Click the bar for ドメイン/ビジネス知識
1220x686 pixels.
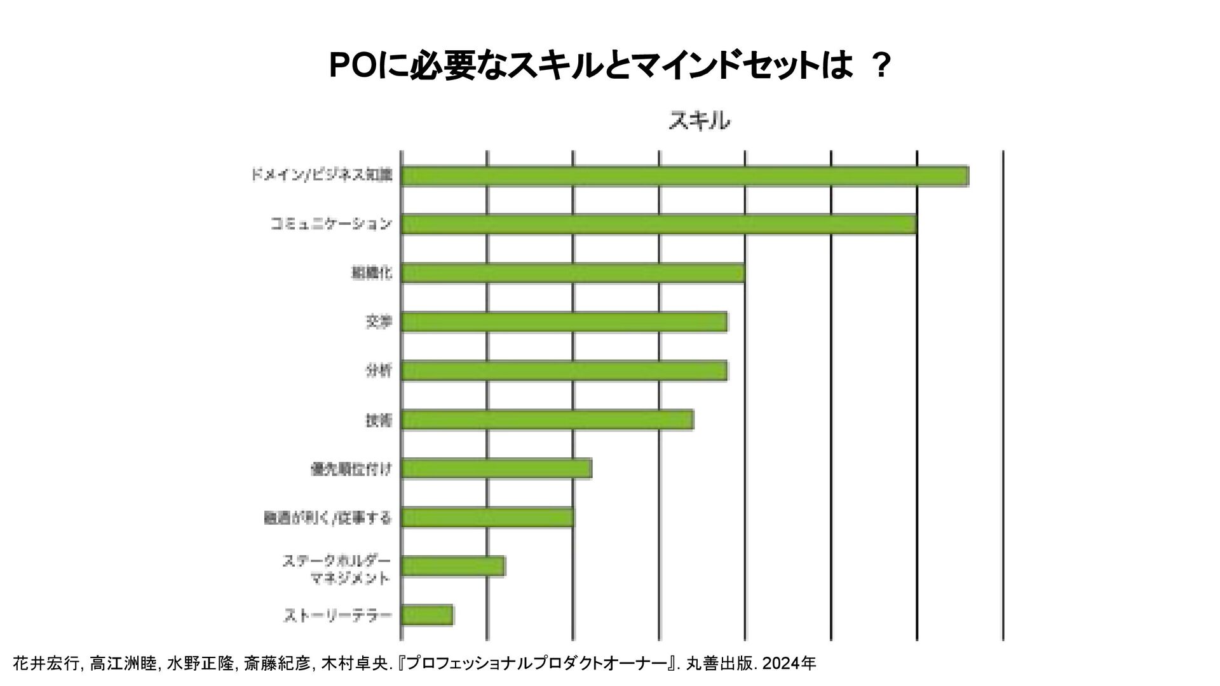pos(684,175)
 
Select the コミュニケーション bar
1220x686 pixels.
pos(658,224)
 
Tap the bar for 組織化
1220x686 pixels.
pos(573,273)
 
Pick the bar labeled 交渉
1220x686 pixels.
pos(564,322)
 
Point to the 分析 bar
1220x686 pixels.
pos(564,371)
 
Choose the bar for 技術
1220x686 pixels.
pos(547,420)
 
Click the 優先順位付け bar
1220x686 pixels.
pos(496,469)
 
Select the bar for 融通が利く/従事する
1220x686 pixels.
pos(487,518)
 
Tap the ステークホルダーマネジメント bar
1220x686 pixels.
pos(453,566)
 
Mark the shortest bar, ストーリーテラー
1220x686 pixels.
pos(427,615)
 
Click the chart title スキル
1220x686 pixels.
pos(699,121)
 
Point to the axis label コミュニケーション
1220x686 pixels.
pos(331,224)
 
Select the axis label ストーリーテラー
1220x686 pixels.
pos(337,615)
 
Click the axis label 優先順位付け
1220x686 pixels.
pos(351,469)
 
